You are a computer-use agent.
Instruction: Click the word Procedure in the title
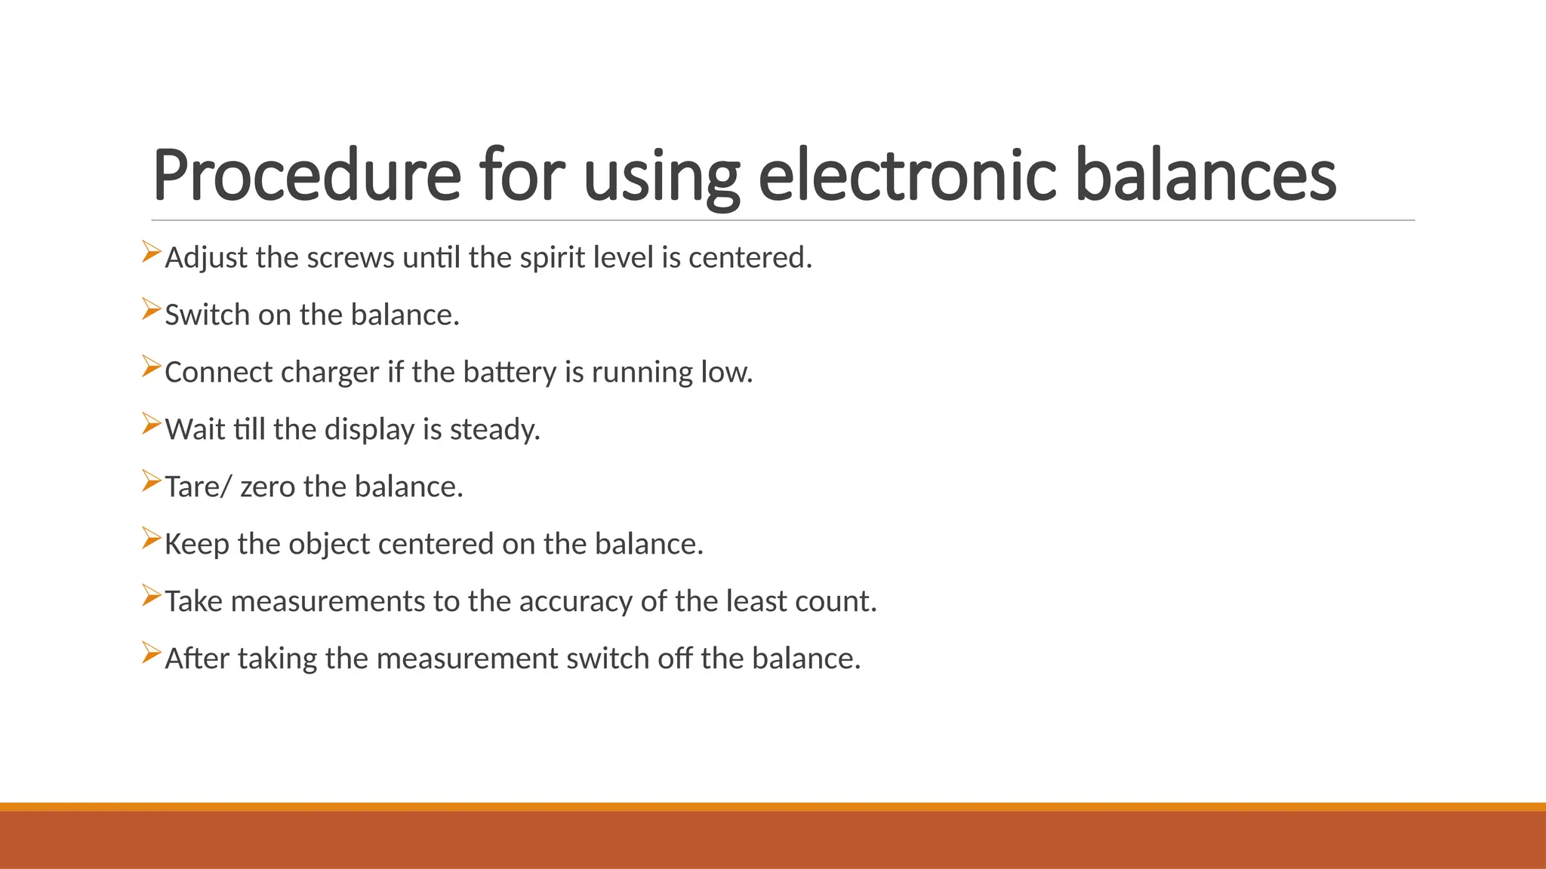point(306,176)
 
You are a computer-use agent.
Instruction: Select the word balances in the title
point(1205,176)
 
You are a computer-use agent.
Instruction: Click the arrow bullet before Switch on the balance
point(151,309)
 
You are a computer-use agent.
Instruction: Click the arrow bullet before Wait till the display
point(151,424)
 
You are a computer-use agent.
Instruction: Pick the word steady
point(494,430)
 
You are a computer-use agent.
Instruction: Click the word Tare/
point(198,487)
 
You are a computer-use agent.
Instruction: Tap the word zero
point(267,487)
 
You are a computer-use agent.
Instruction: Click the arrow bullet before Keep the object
point(151,539)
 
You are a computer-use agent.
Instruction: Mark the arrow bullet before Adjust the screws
point(151,252)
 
